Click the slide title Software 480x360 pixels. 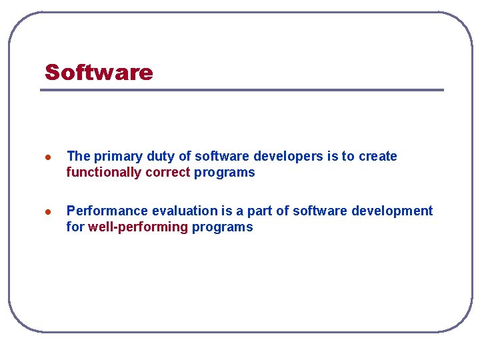coord(99,72)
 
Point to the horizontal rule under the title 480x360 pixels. coord(241,90)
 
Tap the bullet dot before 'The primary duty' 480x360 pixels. coord(47,157)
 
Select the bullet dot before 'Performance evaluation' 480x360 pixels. coord(47,212)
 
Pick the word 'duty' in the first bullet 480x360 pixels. coord(159,157)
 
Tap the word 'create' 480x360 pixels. coord(377,157)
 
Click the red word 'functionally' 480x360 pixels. coord(103,173)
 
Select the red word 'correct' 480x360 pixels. coord(167,173)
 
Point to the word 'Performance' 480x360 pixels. coord(107,211)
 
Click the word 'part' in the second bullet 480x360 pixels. coord(261,211)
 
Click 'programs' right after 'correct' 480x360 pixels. coord(224,173)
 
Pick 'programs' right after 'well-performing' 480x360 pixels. coord(223,227)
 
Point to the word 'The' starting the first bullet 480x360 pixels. coord(78,157)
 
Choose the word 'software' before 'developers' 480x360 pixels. coord(219,157)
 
